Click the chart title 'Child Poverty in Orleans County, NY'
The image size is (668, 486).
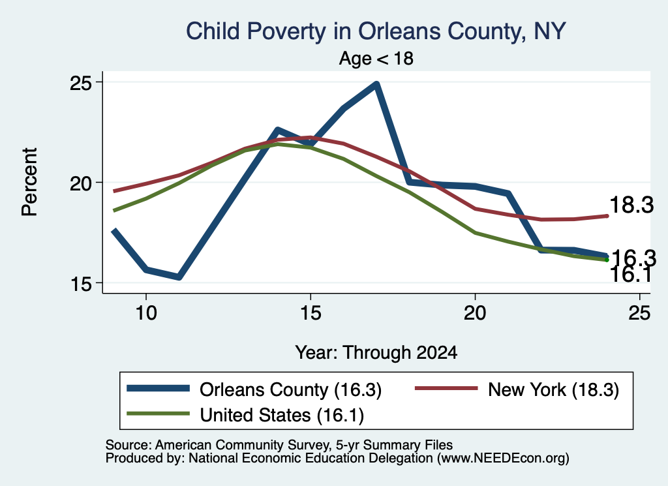pos(376,31)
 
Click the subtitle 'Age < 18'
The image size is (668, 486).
pos(376,58)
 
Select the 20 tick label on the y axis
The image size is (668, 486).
pos(80,183)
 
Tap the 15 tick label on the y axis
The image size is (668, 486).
pos(80,283)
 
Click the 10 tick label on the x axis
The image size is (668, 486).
pos(146,313)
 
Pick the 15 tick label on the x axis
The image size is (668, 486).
pos(311,313)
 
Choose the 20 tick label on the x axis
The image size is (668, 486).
pos(475,313)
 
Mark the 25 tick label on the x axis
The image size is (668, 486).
pos(639,313)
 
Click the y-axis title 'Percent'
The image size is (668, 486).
pos(30,182)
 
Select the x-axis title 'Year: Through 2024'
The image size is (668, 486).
pos(376,353)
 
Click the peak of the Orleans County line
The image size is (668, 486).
pos(376,84)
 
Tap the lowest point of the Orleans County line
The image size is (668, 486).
pos(179,277)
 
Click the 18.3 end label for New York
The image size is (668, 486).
pos(631,205)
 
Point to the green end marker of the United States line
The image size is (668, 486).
pos(607,260)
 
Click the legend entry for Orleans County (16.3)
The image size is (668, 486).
pos(254,389)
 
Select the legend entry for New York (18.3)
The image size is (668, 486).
pos(517,389)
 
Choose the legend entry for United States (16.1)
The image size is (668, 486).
pos(245,415)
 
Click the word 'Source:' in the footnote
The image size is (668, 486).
pos(129,445)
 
